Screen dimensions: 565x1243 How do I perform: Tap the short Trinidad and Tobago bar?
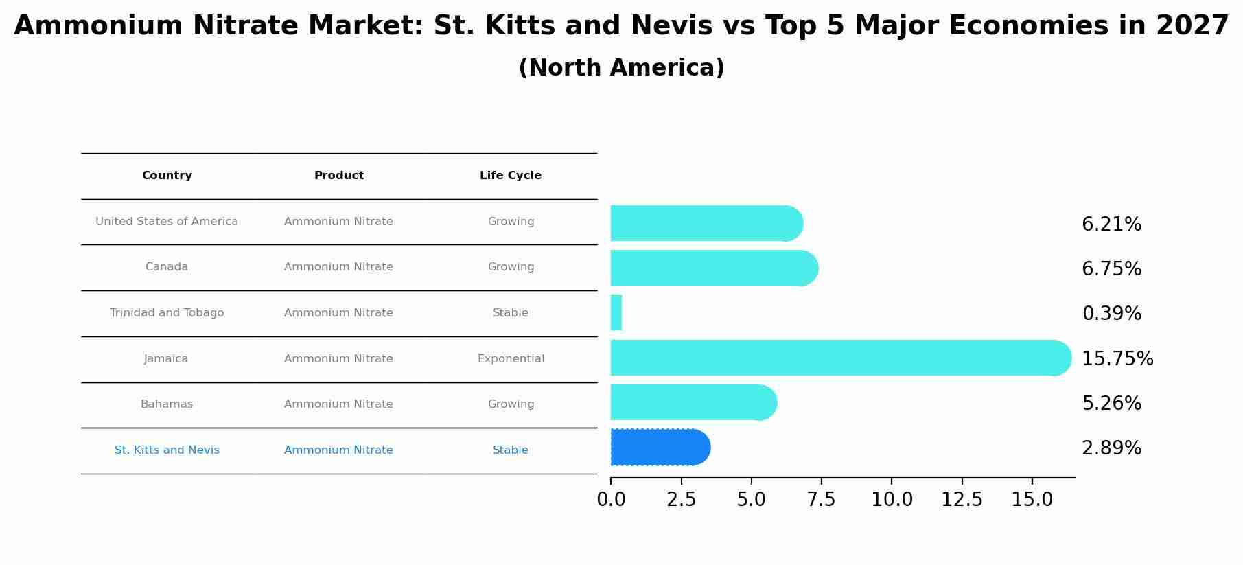(616, 313)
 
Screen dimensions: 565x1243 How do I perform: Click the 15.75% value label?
(1117, 359)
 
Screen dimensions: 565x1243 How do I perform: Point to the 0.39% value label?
(1111, 314)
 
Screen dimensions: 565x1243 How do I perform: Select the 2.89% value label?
(1111, 448)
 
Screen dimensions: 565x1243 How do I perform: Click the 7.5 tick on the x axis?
(821, 500)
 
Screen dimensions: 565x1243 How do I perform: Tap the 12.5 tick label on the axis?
(962, 500)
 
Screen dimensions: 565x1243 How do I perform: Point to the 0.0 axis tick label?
(611, 500)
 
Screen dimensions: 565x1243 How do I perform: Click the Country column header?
(167, 176)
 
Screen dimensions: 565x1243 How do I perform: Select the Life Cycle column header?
(511, 176)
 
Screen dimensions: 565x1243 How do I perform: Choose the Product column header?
(339, 176)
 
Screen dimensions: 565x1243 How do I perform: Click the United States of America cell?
(167, 222)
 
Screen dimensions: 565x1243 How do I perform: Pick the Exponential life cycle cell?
(511, 359)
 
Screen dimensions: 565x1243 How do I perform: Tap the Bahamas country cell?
(167, 404)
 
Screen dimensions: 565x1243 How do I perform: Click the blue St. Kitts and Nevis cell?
(167, 450)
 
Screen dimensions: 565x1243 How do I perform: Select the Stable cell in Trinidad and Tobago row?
(511, 313)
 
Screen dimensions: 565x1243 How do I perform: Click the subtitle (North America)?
(621, 68)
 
